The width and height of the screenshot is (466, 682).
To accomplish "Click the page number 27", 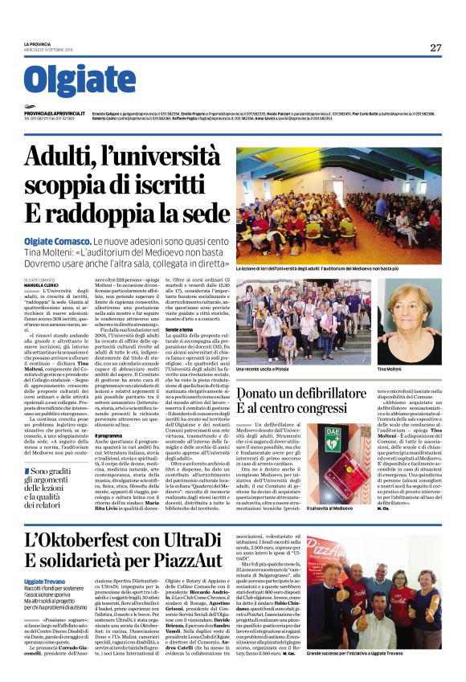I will (435, 47).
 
